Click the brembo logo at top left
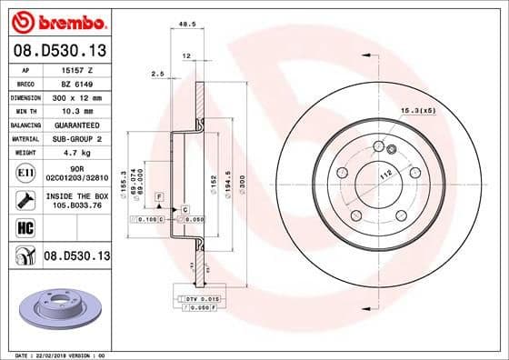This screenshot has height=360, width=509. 57,19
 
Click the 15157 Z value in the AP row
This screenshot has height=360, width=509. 72,69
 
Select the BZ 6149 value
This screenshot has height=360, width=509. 71,82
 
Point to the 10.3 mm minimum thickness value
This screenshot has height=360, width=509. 72,109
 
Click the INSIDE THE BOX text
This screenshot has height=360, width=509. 75,195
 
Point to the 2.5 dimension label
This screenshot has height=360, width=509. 156,73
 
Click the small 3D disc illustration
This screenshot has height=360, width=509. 55,301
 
